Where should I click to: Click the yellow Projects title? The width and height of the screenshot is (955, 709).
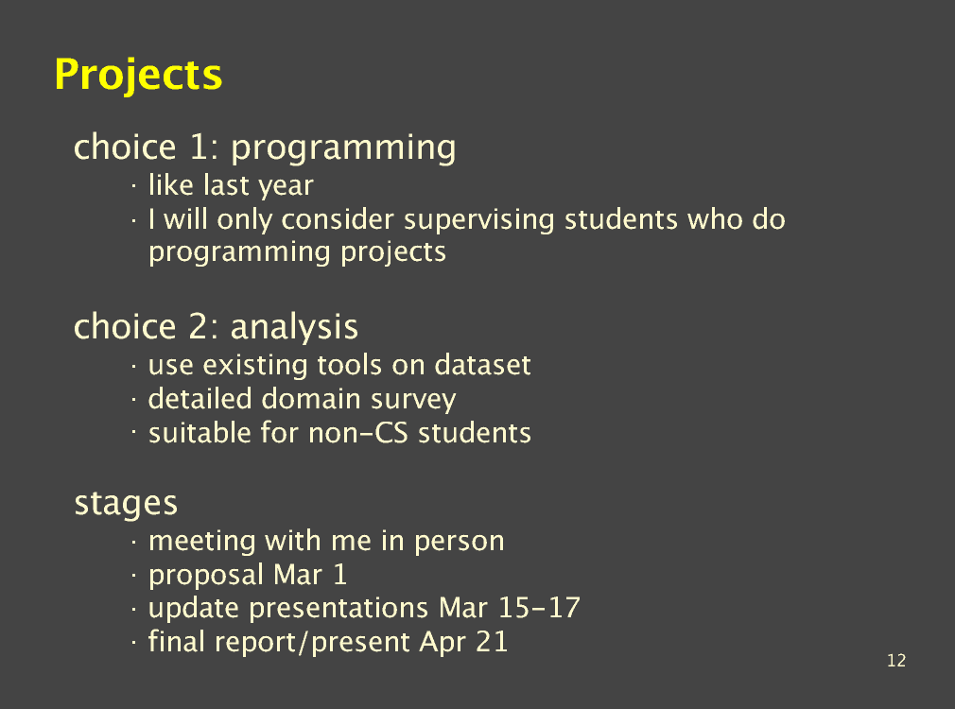click(x=138, y=76)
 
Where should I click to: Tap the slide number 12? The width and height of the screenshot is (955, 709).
click(x=896, y=660)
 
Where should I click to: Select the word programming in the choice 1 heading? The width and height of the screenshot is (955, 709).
click(x=343, y=148)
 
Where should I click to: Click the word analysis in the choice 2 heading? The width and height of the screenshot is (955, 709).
click(x=294, y=328)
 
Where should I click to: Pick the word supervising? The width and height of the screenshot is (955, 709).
click(x=478, y=220)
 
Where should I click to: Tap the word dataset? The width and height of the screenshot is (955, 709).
click(x=482, y=366)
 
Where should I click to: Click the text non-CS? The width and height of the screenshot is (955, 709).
click(x=358, y=433)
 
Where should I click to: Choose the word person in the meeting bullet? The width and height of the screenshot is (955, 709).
click(x=460, y=542)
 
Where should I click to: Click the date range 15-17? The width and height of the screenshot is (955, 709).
click(x=539, y=608)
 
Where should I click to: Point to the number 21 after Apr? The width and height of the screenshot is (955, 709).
click(x=492, y=642)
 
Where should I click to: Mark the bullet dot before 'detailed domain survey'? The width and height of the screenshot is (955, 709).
click(x=133, y=400)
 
